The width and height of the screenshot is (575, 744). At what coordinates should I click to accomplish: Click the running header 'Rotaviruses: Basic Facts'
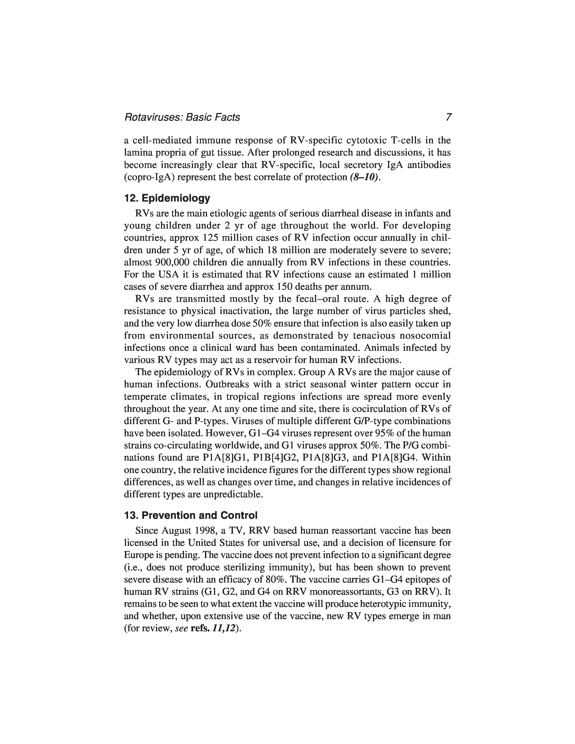tap(182, 117)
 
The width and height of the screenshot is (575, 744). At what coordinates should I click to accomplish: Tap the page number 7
tap(448, 117)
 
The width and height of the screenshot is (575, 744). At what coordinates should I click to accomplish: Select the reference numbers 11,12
tap(223, 629)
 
